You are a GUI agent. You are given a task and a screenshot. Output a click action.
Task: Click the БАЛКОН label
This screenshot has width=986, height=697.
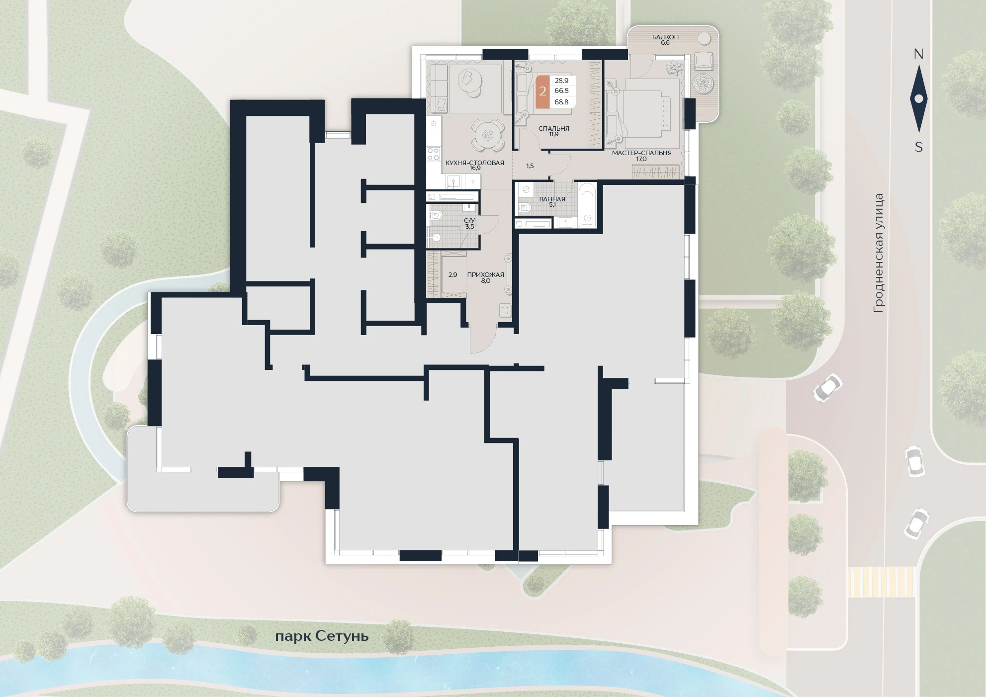coord(665,37)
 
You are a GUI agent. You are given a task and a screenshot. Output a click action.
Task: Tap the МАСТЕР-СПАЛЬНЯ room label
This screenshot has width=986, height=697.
coord(641,153)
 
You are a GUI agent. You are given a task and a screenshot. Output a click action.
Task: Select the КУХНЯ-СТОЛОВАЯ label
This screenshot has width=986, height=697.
coord(475,163)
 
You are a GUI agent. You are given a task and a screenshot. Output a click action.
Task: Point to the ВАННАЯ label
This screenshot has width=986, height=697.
coord(552,199)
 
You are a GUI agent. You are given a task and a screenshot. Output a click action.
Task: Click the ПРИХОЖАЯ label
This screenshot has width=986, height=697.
coord(485,274)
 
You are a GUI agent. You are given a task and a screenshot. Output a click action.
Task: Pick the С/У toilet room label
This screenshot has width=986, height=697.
coord(469,220)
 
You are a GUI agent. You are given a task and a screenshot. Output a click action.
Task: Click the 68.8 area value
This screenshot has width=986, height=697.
coord(561,102)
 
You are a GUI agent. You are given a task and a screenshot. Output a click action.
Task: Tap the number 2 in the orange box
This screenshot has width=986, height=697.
coord(542,91)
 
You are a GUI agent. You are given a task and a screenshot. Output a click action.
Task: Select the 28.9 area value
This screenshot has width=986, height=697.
coord(561,81)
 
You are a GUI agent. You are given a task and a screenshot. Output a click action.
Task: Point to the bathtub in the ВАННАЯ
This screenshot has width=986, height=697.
coord(587,206)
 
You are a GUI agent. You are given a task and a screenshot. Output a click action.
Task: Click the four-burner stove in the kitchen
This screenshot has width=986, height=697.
coord(434,154)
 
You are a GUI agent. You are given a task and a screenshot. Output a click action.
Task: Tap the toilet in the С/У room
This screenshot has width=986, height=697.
coord(436,216)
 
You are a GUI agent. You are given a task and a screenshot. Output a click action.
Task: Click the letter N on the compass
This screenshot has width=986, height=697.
coord(918,54)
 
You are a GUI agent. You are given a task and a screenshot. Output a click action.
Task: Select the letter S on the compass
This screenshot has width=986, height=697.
coord(919,147)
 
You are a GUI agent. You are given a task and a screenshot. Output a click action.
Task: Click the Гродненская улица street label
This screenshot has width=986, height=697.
coord(879,253)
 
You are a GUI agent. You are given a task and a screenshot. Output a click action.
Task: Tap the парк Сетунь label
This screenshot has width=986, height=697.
coord(322,636)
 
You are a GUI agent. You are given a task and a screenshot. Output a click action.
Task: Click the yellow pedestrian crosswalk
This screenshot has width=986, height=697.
coord(881,582)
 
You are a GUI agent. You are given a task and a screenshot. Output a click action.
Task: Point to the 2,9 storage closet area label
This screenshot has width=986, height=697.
coord(452,274)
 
